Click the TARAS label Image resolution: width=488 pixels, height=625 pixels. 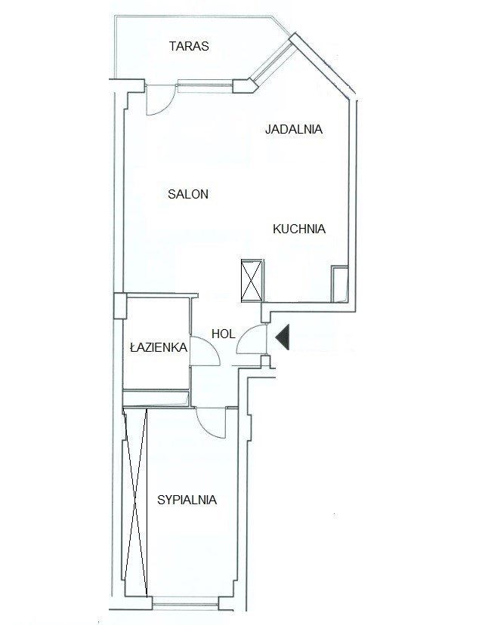189,46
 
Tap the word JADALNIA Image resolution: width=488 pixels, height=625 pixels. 294,129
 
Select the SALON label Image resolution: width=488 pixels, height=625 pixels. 188,194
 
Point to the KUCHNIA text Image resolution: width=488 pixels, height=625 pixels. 299,229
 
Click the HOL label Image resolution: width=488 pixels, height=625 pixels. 224,334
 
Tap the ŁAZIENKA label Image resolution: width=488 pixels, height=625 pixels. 159,347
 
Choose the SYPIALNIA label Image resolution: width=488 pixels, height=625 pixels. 187,500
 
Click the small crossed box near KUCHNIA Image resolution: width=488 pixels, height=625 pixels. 252,280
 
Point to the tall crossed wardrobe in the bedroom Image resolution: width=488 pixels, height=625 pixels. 136,502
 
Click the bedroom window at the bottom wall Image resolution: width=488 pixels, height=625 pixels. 185,603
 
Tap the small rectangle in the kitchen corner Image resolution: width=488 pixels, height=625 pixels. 340,284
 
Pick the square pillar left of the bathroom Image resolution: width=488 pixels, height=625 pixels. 120,306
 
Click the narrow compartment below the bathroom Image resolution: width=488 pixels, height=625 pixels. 156,399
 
